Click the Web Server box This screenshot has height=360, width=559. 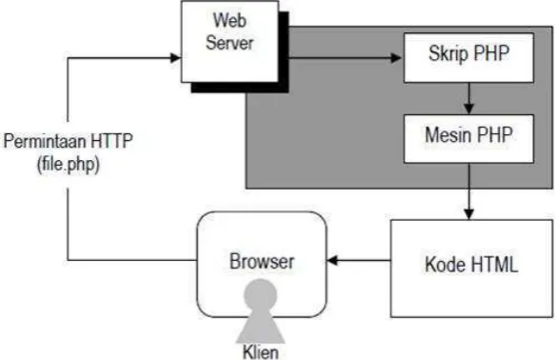230,42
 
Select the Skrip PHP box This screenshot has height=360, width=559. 469,58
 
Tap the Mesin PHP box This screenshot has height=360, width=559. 469,139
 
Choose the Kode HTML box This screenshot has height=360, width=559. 471,268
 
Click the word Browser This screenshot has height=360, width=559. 262,261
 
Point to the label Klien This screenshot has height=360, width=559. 261,352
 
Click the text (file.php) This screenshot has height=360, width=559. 69,165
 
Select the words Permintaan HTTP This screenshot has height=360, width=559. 69,140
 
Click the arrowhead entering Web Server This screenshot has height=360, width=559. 176,58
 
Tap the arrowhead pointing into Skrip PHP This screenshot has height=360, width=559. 396,58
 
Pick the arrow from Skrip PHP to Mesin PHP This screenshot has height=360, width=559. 469,98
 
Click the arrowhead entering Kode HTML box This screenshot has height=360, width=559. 469,214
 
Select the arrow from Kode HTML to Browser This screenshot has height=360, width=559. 358,261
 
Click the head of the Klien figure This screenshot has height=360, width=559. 260,295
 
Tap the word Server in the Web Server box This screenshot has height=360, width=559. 230,43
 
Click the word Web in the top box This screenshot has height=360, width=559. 230,20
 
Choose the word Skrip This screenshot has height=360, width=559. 449,54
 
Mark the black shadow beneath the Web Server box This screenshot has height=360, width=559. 240,88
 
